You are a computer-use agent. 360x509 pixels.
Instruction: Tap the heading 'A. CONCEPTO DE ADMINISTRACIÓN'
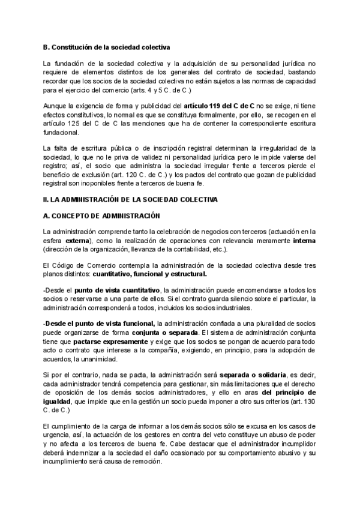(x=99, y=215)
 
